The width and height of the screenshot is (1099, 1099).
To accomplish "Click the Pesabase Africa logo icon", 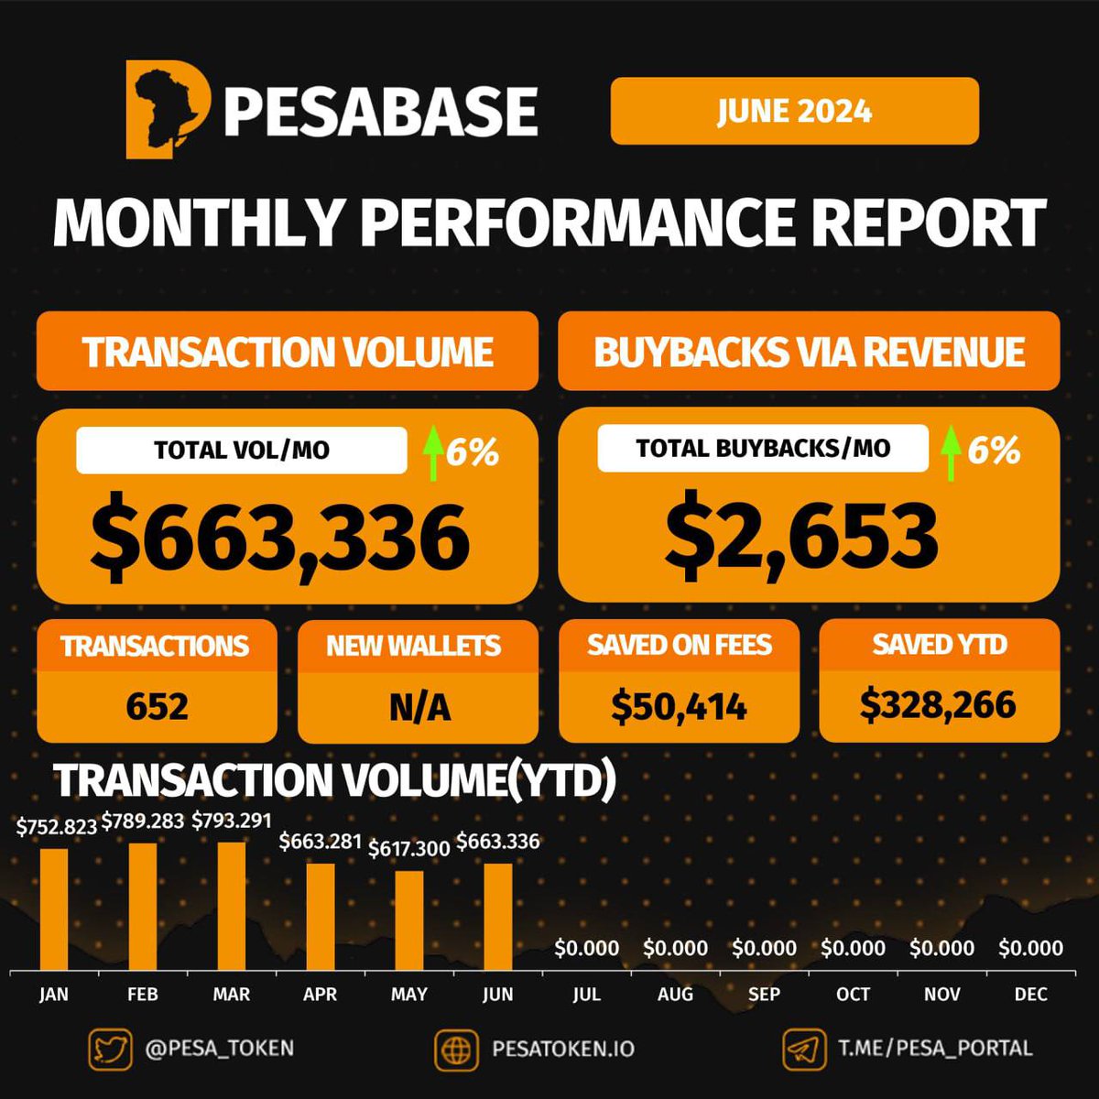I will (168, 109).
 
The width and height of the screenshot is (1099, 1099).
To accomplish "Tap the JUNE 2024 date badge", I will (794, 111).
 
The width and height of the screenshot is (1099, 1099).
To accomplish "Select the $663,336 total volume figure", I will (280, 538).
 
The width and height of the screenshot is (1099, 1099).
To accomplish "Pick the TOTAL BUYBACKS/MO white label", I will (763, 448).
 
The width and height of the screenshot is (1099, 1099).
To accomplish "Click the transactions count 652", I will (158, 707).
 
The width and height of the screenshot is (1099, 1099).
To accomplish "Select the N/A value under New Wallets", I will (419, 707).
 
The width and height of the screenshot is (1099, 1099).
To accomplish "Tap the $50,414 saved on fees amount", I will (679, 706).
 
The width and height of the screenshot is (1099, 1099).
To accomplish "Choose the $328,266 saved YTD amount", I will (938, 704).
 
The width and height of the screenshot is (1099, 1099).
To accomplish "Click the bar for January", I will (54, 909).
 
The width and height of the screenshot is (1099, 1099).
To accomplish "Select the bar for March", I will (232, 906).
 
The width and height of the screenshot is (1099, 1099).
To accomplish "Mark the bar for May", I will (409, 919).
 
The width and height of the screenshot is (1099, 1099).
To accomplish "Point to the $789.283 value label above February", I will (143, 822).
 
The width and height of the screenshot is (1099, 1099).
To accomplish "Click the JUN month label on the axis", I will (497, 995).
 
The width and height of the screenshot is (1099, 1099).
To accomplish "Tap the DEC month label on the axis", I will (1030, 995).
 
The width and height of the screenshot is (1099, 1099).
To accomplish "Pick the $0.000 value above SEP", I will (764, 948).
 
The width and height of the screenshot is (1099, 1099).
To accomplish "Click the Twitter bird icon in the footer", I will (110, 1049).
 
